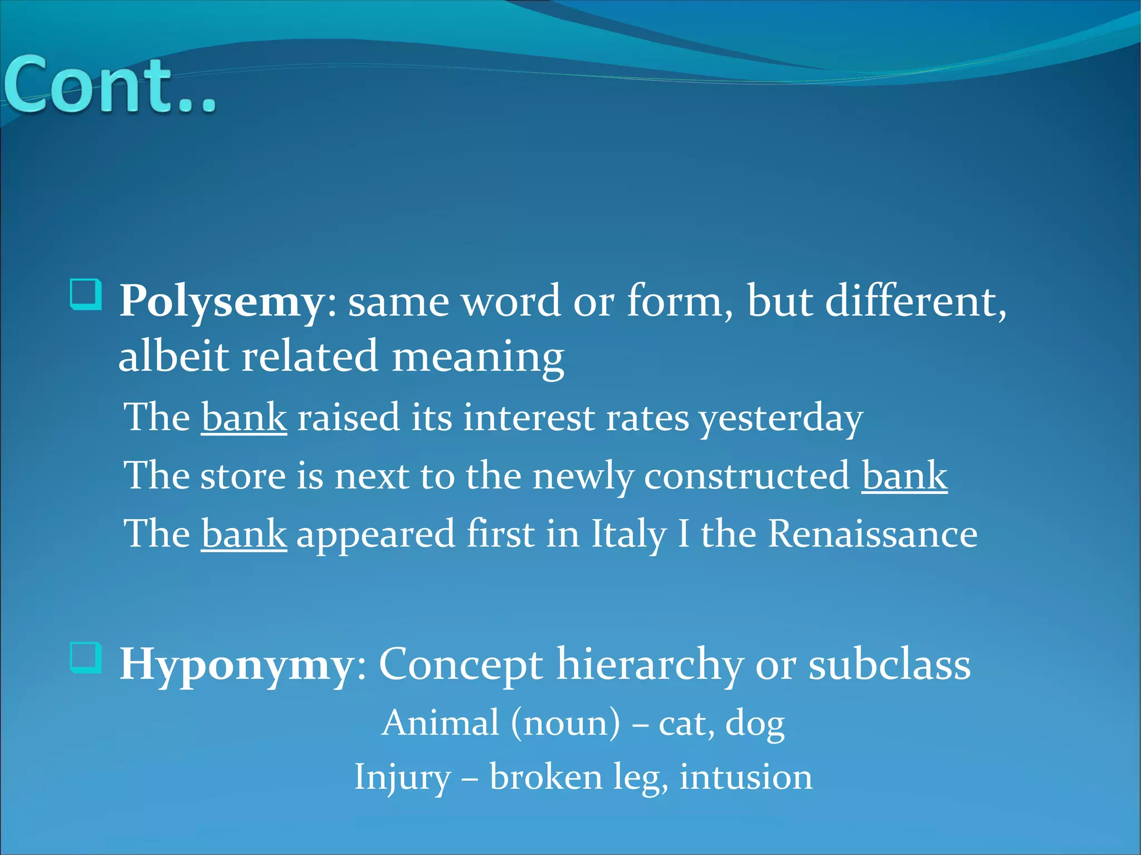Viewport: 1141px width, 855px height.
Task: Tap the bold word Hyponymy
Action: (237, 665)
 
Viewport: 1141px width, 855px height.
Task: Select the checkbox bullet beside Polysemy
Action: (86, 295)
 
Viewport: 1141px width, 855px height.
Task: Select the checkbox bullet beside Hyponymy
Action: (86, 657)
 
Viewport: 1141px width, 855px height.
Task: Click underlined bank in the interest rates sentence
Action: (244, 418)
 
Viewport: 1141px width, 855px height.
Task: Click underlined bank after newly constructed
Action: (904, 476)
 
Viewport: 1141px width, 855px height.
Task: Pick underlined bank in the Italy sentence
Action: (244, 534)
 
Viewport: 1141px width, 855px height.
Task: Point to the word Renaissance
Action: (872, 534)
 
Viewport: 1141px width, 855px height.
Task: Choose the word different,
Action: (915, 302)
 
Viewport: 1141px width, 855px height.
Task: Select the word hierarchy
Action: (650, 665)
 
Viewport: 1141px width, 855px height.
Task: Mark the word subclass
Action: (889, 665)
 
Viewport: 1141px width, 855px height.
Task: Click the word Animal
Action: (440, 723)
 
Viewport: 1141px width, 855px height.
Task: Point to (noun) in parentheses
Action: (565, 723)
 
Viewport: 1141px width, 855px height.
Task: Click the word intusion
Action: (745, 777)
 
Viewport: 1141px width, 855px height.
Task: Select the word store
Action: (243, 476)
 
